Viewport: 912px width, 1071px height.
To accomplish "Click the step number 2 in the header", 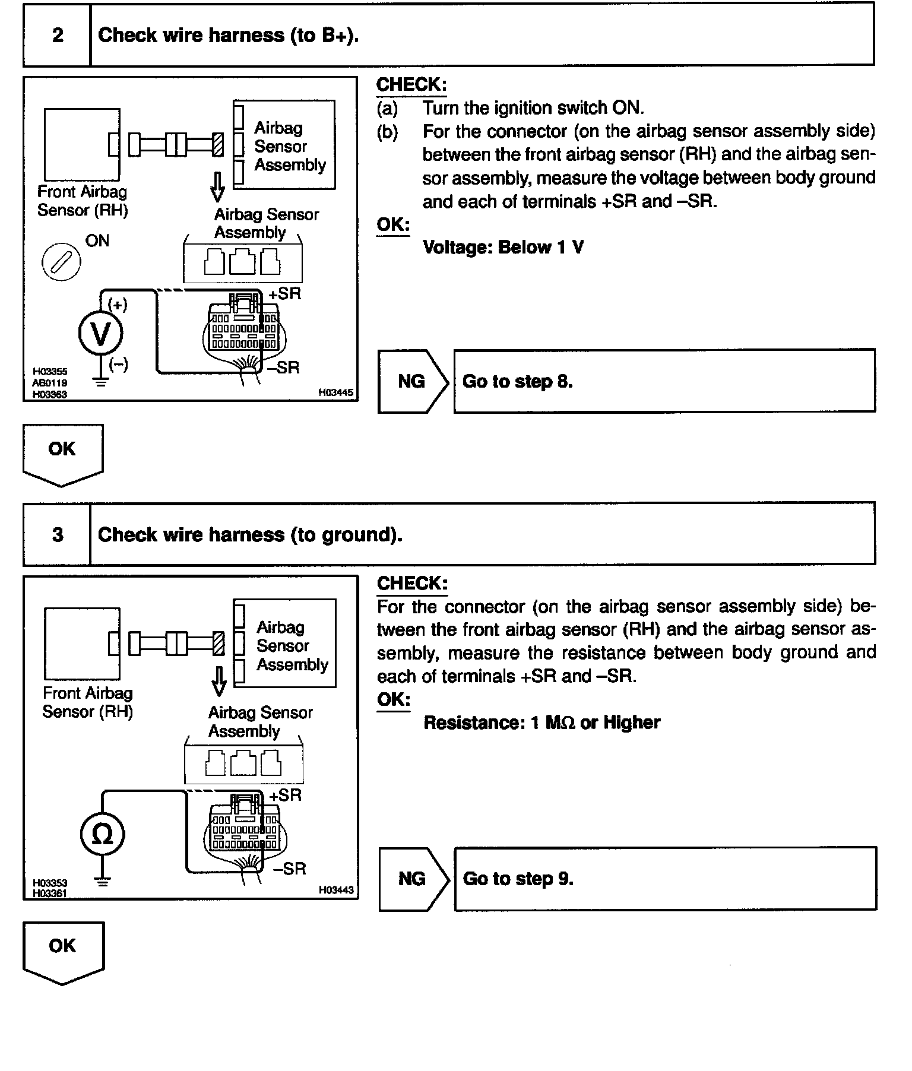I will (58, 36).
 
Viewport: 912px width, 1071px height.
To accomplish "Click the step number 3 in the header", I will (58, 535).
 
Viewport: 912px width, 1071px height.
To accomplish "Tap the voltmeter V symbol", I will (101, 333).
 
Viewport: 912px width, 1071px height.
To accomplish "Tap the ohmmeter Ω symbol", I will (102, 835).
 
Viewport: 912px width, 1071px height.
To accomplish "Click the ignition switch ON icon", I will (61, 262).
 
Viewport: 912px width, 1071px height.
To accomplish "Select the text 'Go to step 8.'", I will (517, 381).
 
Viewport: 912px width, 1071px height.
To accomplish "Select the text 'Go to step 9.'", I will (518, 879).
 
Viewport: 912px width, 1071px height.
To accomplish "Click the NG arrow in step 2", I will (413, 381).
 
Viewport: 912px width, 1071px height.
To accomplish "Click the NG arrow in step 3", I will (413, 879).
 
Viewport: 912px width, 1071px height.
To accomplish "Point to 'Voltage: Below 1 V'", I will (503, 247).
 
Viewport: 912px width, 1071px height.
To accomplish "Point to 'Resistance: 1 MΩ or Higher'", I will (541, 723).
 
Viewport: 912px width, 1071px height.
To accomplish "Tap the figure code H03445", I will (335, 392).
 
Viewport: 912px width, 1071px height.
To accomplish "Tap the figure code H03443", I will (335, 890).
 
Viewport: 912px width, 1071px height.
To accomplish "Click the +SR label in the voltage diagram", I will (285, 294).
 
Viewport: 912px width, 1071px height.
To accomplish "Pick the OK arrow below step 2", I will (62, 454).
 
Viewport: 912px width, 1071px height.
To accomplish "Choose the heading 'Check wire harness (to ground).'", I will (250, 535).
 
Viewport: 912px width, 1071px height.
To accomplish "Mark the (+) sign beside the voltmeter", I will (118, 305).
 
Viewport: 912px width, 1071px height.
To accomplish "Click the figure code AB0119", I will (50, 383).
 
